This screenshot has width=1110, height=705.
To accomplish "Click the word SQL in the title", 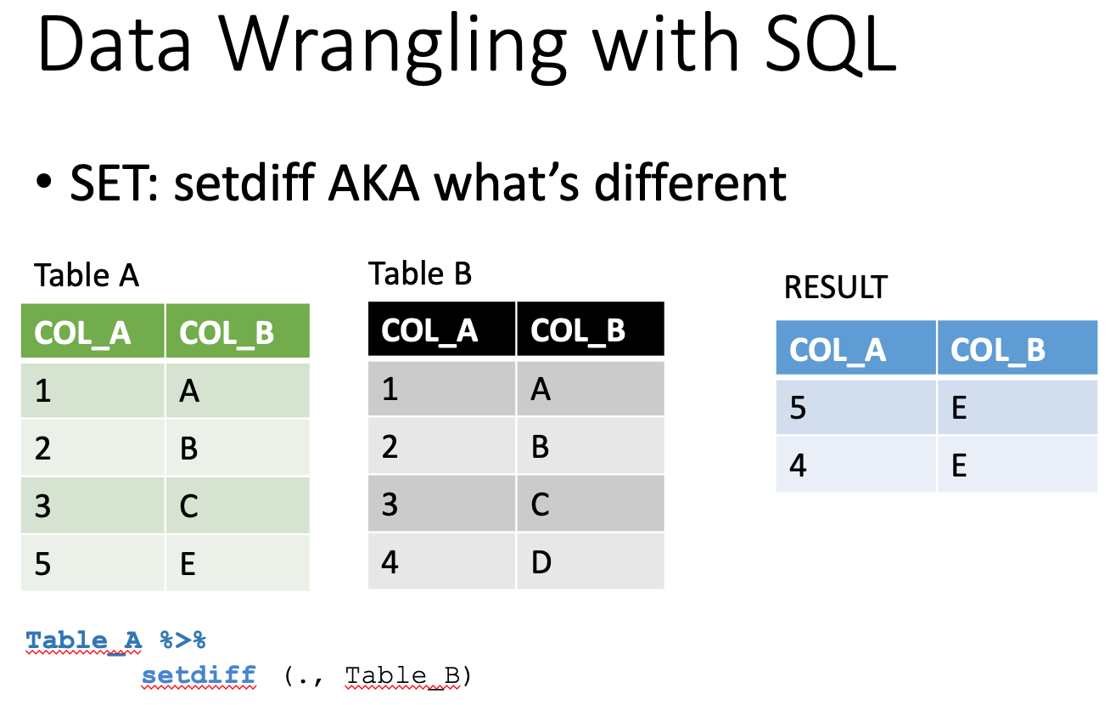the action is coord(830,45).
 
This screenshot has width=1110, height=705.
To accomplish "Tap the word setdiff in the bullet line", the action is coord(244,183).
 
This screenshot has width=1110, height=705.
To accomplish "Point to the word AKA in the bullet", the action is coord(374,183).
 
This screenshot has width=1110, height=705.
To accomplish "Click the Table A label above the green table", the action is coord(87,275).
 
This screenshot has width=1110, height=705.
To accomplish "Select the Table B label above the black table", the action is coord(420,274).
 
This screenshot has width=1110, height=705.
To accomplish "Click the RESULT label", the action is coord(836,287).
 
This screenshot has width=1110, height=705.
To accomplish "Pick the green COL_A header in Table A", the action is coord(92,331).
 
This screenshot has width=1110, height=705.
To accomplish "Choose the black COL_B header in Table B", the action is coord(591,329).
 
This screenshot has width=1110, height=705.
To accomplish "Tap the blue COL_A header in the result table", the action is coord(856,347).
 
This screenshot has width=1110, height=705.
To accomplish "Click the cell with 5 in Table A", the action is coord(92,563).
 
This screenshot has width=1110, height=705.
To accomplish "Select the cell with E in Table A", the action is coord(238,563).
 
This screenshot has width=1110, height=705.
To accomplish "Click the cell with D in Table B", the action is coord(591,561).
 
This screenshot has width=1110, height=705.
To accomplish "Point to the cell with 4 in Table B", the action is coord(441,561).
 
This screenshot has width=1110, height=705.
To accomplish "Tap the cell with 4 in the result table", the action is coord(856,465).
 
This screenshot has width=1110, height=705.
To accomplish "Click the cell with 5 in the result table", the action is coord(856,408).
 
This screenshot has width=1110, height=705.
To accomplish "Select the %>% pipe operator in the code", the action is coord(182,640).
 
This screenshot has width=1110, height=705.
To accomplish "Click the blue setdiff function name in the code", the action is coord(199,675).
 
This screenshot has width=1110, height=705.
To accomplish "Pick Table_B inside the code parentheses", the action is coord(403,676).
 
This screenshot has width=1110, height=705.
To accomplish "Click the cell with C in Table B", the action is coord(591,504).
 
